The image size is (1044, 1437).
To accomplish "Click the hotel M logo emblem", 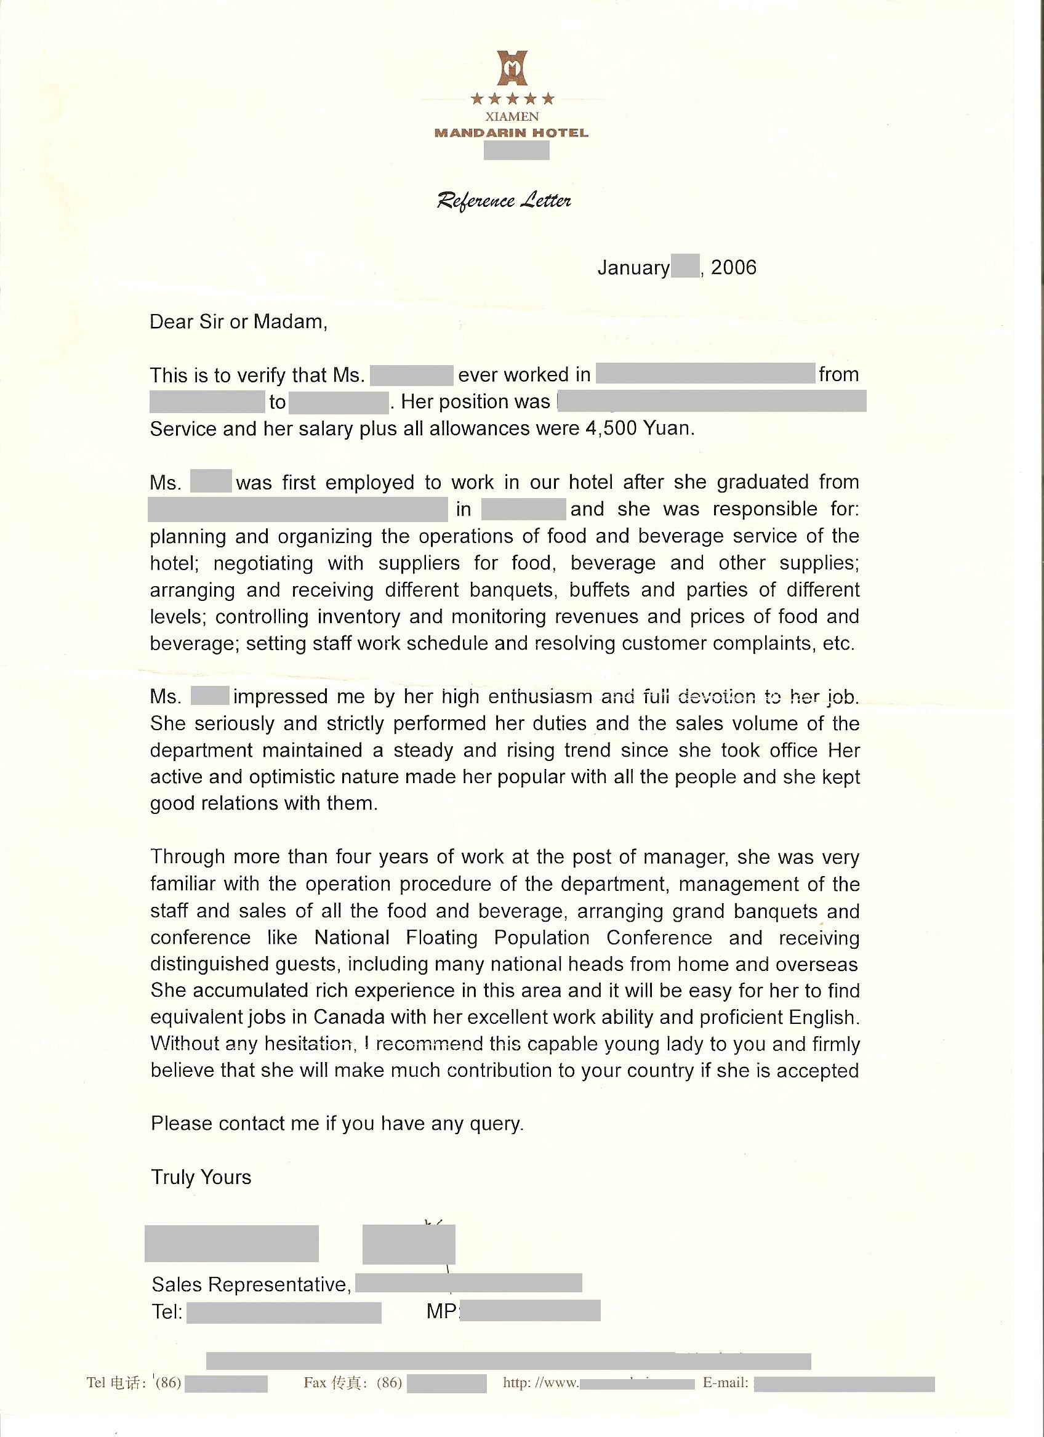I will point(512,68).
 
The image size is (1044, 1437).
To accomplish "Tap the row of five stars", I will point(513,99).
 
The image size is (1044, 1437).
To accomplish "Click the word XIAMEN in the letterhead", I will point(512,116).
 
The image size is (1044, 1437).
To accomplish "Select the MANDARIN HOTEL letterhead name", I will point(512,133).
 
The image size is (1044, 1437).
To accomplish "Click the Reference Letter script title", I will point(504,201).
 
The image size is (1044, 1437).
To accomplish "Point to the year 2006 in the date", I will point(734,267).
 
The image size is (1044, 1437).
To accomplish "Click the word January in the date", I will point(633,268).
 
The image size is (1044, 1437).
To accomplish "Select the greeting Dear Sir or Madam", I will point(238,322).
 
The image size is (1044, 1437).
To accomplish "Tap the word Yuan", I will point(669,429).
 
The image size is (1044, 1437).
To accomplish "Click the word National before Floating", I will point(352,937).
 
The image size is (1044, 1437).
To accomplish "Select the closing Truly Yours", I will point(201,1177).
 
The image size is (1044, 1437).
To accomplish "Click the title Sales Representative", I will point(251,1284).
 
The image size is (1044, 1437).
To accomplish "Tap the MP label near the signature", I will point(440,1311).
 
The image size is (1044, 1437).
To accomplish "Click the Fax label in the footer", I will point(315,1382).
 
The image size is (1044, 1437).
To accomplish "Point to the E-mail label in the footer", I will point(725,1382).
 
